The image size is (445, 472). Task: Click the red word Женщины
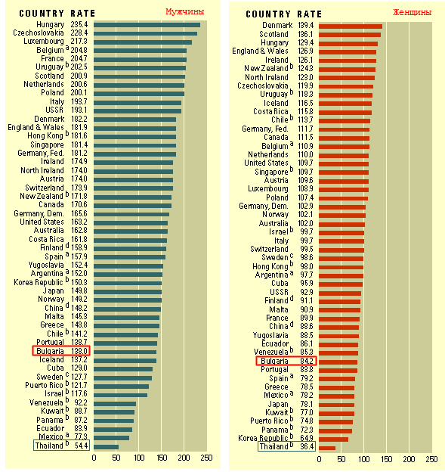point(412,11)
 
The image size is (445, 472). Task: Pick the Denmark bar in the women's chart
point(350,26)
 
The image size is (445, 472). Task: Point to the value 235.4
point(79,25)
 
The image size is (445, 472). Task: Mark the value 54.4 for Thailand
point(80,446)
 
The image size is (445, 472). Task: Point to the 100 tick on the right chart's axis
point(363,459)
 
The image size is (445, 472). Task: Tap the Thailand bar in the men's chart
point(106,446)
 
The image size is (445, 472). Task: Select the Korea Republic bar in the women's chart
point(333,438)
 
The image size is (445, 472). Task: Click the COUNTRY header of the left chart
point(42,13)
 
